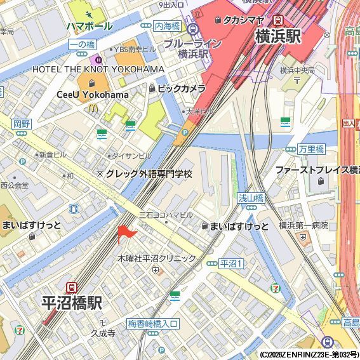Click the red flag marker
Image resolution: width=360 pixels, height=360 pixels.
click(124, 234)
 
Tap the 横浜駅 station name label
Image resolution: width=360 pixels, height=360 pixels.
click(277, 37)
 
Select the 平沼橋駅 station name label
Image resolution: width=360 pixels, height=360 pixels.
click(72, 303)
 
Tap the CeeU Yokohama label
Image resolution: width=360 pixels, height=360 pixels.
click(93, 95)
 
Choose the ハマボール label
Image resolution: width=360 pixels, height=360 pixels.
click(90, 26)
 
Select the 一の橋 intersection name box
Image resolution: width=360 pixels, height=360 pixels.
click(81, 43)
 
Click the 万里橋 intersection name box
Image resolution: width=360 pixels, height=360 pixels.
click(311, 149)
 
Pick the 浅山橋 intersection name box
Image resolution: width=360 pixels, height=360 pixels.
click(251, 197)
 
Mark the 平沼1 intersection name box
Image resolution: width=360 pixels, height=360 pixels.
click(231, 263)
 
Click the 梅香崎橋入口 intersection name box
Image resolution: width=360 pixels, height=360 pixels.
click(153, 324)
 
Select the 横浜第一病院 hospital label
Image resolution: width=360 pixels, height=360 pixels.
click(303, 225)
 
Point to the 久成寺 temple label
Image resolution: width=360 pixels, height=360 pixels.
click(103, 333)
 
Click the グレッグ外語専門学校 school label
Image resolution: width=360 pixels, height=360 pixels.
click(149, 173)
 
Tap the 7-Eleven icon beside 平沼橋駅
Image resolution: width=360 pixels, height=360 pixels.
click(20, 330)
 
